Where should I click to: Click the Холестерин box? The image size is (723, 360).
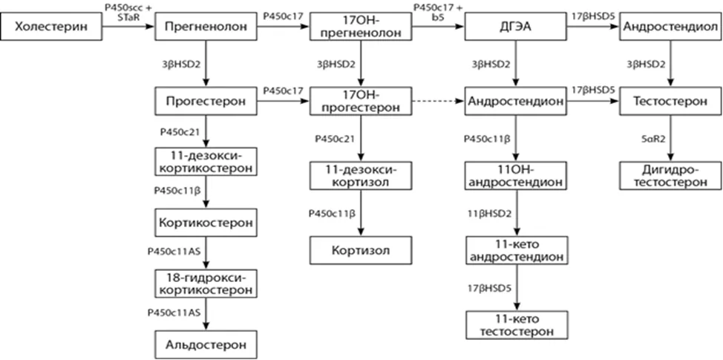[52, 26]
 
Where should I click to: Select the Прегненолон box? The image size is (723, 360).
[206, 26]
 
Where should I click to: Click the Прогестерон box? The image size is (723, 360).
[206, 101]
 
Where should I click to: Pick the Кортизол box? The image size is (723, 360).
[361, 251]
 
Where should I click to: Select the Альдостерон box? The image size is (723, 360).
[206, 344]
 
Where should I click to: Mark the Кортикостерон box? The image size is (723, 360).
[206, 223]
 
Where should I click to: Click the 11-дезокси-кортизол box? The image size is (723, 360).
[361, 176]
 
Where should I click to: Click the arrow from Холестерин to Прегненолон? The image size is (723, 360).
[128, 26]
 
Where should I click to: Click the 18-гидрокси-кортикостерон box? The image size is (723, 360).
[206, 284]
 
